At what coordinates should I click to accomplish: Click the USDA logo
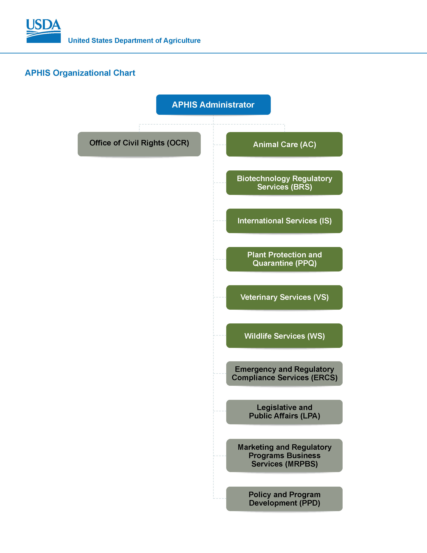tap(44, 31)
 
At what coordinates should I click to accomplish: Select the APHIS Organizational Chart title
tap(80, 73)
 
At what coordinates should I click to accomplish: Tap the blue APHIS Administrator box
tap(213, 105)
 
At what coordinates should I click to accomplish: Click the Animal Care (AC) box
tap(284, 144)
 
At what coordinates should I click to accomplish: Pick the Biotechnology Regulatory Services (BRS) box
tap(284, 182)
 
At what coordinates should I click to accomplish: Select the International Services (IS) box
tap(284, 221)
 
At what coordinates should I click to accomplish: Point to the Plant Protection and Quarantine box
tap(284, 259)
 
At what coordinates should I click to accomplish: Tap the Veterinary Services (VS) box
tap(284, 297)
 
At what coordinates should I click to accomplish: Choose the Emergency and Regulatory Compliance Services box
tap(284, 374)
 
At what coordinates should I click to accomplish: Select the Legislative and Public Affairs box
tap(284, 412)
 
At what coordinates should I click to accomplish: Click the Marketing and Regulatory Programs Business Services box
tap(284, 455)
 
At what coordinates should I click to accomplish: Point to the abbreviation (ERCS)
tap(324, 378)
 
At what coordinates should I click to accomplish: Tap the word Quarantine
tap(273, 263)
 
